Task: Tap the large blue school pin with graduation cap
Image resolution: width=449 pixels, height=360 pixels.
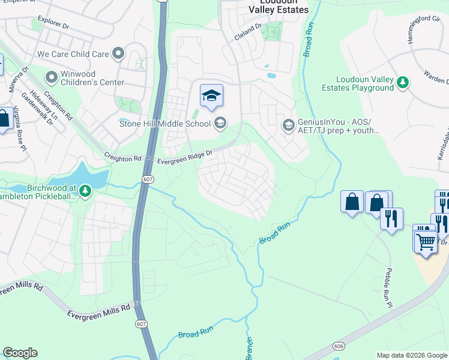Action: click(211, 96)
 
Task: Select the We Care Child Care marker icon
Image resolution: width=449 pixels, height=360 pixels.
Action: click(118, 54)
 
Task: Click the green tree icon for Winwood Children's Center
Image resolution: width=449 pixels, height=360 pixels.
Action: click(52, 77)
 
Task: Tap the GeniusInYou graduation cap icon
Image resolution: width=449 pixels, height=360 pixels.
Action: click(288, 125)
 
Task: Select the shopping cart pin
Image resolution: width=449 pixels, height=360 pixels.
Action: click(426, 242)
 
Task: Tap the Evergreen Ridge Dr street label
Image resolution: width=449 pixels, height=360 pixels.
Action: click(185, 158)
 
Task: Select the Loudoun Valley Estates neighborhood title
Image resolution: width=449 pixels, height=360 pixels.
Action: click(279, 7)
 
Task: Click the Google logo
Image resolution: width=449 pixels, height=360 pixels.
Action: click(20, 353)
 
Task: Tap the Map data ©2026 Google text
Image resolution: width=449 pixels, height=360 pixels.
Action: click(411, 355)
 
